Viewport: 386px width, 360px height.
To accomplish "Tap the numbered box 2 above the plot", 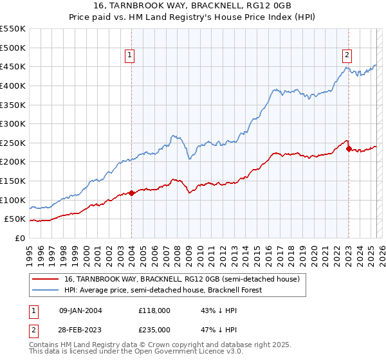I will pyautogui.click(x=347, y=55).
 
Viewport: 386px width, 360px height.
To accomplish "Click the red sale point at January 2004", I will pyautogui.click(x=131, y=193).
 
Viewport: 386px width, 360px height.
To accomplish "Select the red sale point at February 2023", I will pyautogui.click(x=349, y=148).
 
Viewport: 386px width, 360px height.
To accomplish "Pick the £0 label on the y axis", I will pyautogui.click(x=21, y=238).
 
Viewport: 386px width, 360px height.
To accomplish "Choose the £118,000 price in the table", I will pyautogui.click(x=154, y=310).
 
